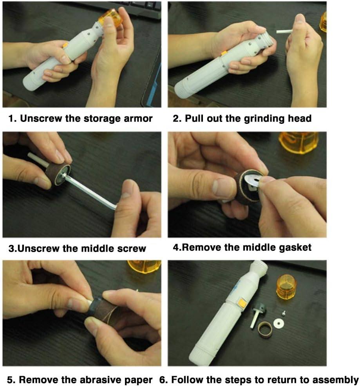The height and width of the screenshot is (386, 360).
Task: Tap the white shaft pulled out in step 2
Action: (x=284, y=31)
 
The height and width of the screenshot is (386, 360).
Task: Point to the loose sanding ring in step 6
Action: (x=265, y=329)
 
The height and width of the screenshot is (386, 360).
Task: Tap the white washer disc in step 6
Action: (x=279, y=323)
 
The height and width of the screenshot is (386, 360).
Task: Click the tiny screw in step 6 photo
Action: (x=283, y=313)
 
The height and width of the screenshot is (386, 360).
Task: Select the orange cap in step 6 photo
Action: (x=286, y=287)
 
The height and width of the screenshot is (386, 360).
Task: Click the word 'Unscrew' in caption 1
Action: (x=41, y=119)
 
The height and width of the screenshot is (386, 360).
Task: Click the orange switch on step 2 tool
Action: (x=224, y=53)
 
